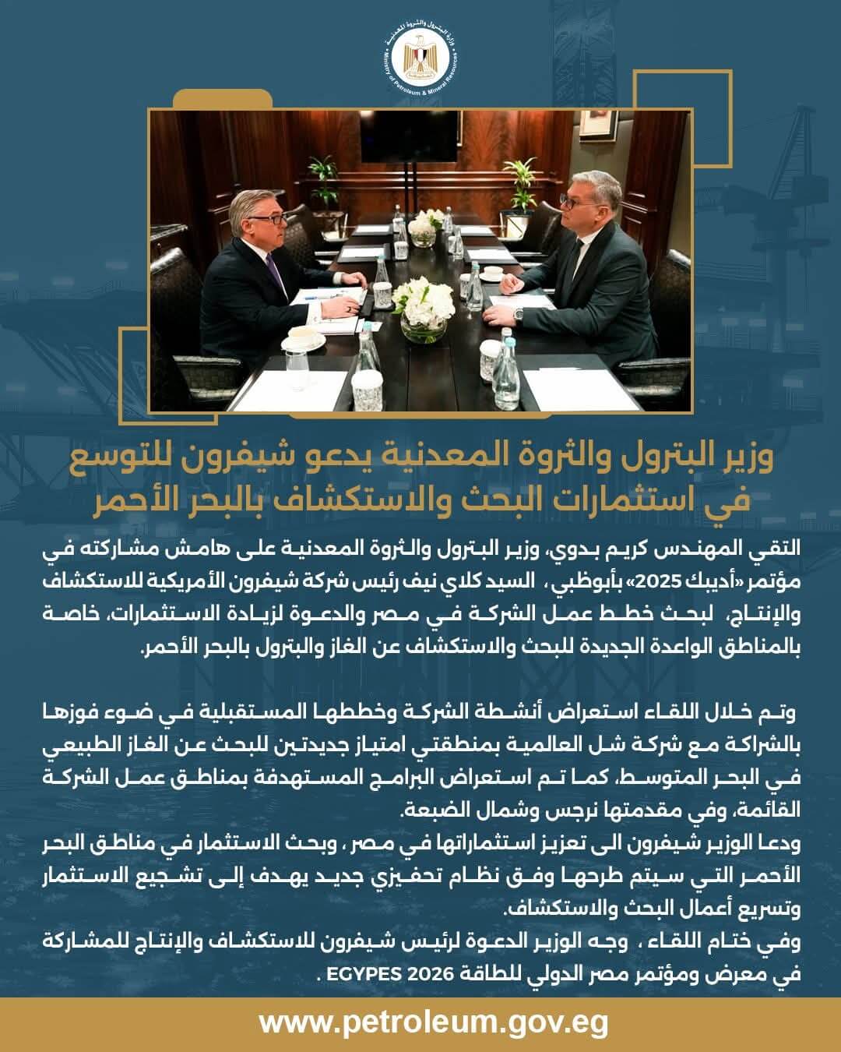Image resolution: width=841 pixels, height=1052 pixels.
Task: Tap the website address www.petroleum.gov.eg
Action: [433, 1022]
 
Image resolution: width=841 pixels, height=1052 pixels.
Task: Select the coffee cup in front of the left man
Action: [303, 338]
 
